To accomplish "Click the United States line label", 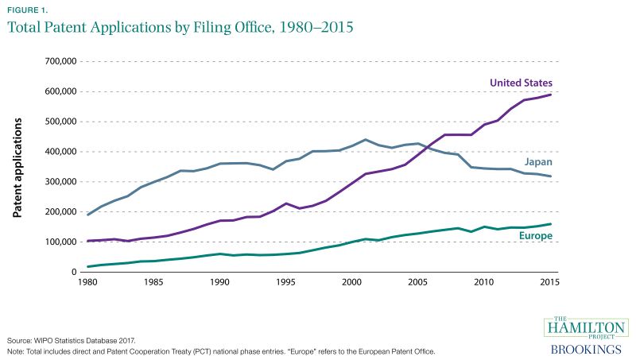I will click(x=521, y=82).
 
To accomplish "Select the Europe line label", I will click(x=536, y=236).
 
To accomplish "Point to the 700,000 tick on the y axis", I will click(x=59, y=61).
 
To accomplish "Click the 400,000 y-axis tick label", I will click(x=59, y=152).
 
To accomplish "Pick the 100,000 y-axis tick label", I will click(x=59, y=242).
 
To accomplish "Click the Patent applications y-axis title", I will click(x=17, y=167).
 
